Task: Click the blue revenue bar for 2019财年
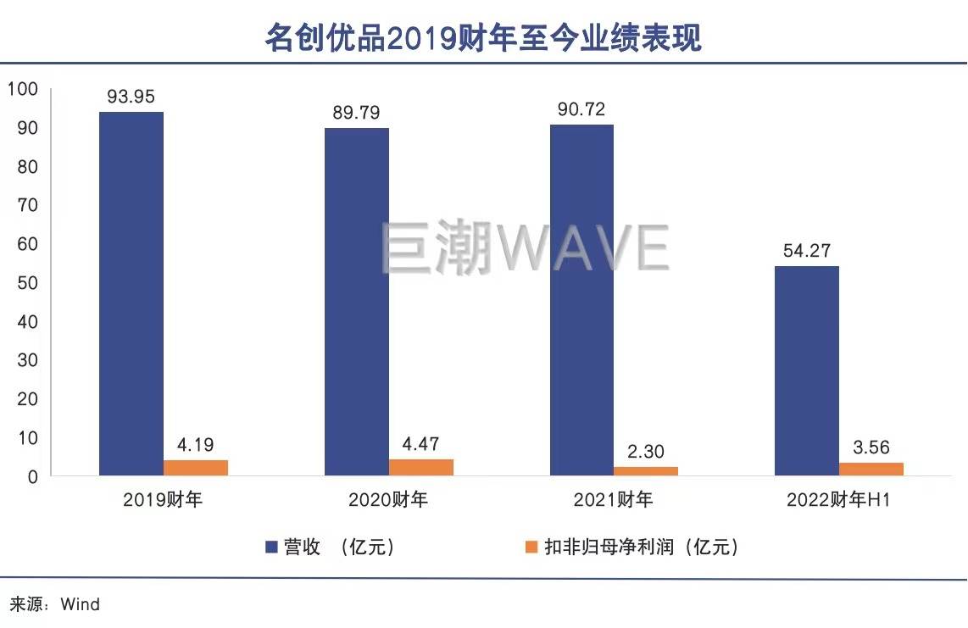point(131,294)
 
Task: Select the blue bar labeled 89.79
point(357,302)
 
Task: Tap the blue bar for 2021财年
point(582,300)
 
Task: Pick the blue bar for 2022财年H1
point(807,371)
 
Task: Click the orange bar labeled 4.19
point(196,468)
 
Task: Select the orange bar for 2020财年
point(421,467)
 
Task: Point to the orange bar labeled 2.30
point(646,471)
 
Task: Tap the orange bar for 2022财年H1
point(871,469)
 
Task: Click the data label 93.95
point(131,97)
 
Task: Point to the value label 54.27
point(807,251)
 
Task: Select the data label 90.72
point(581,109)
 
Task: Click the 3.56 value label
point(871,447)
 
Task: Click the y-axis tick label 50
point(27,283)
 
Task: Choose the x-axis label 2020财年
point(388,500)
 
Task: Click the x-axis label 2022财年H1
point(837,500)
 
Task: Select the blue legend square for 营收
point(272,547)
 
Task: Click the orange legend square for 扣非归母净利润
point(531,547)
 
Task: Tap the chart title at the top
point(483,38)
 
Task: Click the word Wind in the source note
point(80,604)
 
